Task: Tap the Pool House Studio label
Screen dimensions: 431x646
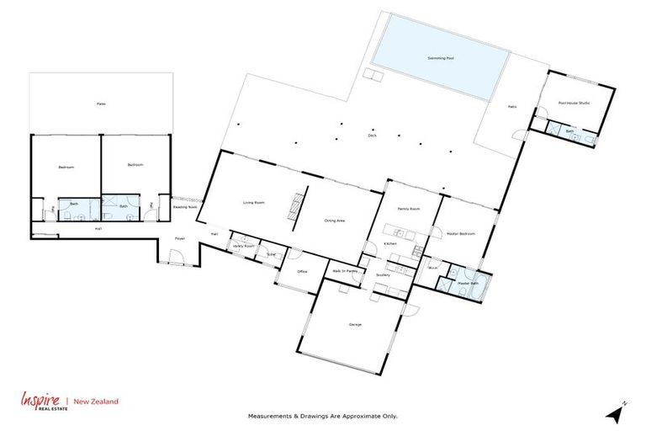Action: tap(574, 104)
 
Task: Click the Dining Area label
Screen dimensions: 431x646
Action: tap(335, 221)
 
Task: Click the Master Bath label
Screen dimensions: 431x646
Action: tap(468, 284)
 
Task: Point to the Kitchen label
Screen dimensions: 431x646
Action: tap(390, 243)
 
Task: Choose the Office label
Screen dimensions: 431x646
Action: tap(302, 272)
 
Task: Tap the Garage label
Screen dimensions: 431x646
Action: tap(355, 324)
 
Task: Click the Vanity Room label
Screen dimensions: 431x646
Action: tap(244, 246)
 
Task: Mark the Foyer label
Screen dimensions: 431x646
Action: tap(179, 239)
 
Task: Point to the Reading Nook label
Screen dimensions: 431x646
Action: tap(185, 206)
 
